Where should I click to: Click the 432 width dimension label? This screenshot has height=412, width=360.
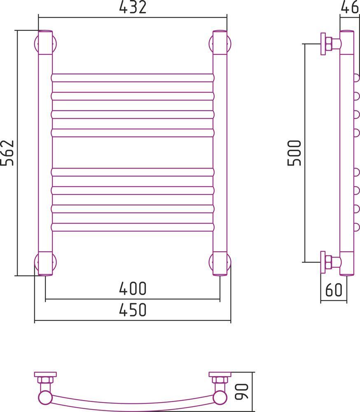click(x=133, y=7)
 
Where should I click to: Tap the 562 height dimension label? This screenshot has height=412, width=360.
click(x=7, y=153)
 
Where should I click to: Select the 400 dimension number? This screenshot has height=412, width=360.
click(x=133, y=288)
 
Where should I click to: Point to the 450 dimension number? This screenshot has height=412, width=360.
click(x=133, y=310)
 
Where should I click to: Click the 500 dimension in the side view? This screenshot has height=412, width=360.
click(x=294, y=153)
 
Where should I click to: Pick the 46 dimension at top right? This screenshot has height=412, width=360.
click(x=350, y=7)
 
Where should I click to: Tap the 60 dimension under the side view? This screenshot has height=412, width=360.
click(x=334, y=290)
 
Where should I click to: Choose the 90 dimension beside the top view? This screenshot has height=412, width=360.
click(x=241, y=392)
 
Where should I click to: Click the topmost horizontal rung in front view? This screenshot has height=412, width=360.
click(x=133, y=78)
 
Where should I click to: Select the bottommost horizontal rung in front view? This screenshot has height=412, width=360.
click(x=133, y=227)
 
